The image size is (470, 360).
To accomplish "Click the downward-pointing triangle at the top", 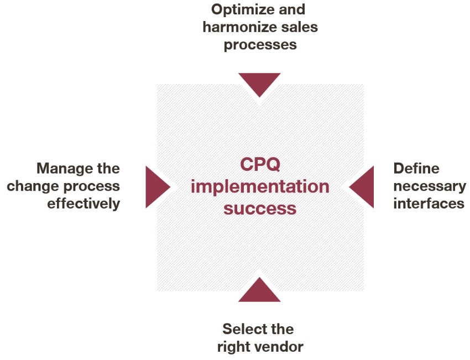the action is pyautogui.click(x=259, y=82).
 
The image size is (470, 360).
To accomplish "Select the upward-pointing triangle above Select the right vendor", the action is pyautogui.click(x=259, y=292).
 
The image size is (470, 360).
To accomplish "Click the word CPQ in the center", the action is pyautogui.click(x=260, y=164).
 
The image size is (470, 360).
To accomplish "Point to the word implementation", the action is pyautogui.click(x=260, y=186).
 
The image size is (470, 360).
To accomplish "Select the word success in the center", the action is pyautogui.click(x=260, y=208).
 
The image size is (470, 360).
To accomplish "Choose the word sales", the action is pyautogui.click(x=300, y=27).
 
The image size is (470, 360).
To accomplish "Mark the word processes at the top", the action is pyautogui.click(x=260, y=45).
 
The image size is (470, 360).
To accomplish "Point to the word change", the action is pyautogui.click(x=33, y=186).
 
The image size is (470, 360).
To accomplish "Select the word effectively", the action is pyautogui.click(x=83, y=204).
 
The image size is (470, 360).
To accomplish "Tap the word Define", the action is pyautogui.click(x=416, y=168).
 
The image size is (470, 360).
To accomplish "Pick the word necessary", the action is pyautogui.click(x=430, y=186).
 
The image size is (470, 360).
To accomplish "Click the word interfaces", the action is pyautogui.click(x=429, y=204).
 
